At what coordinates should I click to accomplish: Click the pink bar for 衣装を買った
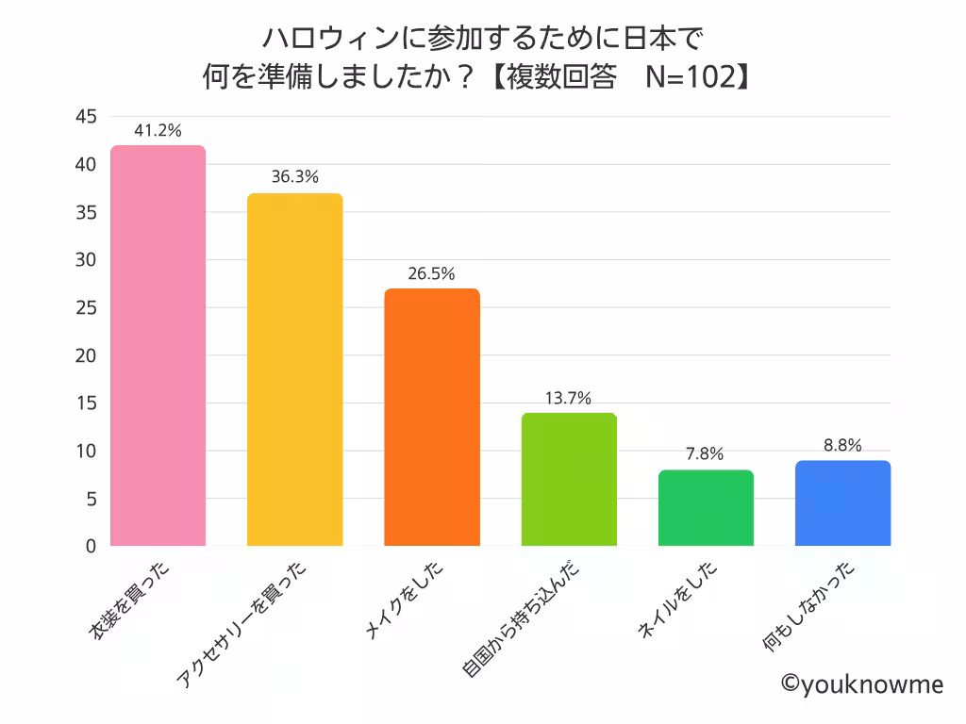click(x=158, y=345)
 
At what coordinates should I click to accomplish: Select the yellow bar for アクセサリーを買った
click(x=294, y=370)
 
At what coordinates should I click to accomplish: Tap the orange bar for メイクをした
click(x=432, y=417)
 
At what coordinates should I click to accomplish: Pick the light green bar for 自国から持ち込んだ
click(x=569, y=479)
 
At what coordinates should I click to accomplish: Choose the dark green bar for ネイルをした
click(x=706, y=507)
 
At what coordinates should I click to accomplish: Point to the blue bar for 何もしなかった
click(x=842, y=502)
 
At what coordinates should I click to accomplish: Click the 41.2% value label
click(x=158, y=130)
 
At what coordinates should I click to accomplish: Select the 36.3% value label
click(x=294, y=177)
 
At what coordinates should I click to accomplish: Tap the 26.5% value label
click(x=432, y=273)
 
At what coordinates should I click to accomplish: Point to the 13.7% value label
click(x=569, y=398)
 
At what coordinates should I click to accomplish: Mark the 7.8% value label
click(x=706, y=453)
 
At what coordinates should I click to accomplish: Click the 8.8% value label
click(x=842, y=445)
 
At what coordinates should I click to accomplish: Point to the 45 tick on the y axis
click(x=86, y=117)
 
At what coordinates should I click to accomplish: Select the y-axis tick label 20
click(x=86, y=355)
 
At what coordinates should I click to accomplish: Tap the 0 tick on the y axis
click(x=91, y=546)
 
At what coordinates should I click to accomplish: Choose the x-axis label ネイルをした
click(x=678, y=603)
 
